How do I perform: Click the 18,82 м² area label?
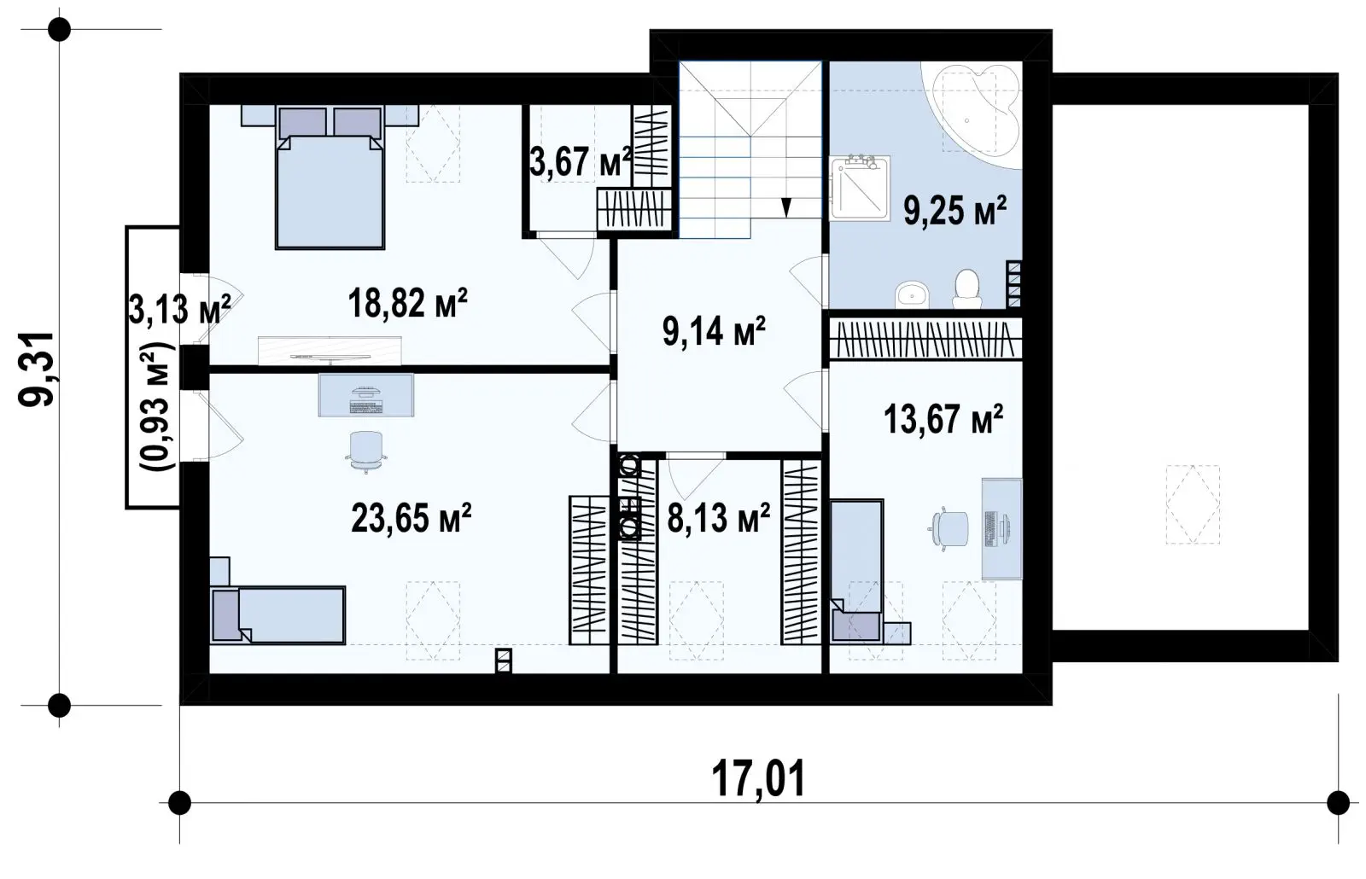pyautogui.click(x=407, y=303)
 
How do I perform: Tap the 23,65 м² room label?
pyautogui.click(x=411, y=518)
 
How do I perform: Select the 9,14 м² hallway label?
pyautogui.click(x=714, y=332)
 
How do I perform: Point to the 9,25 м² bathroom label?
pyautogui.click(x=954, y=211)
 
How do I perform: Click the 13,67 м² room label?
pyautogui.click(x=943, y=420)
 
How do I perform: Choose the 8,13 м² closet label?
pyautogui.click(x=718, y=518)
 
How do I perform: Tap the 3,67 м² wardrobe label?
pyautogui.click(x=580, y=162)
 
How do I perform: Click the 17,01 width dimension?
pyautogui.click(x=758, y=778)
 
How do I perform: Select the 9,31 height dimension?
pyautogui.click(x=37, y=370)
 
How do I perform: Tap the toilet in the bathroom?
pyautogui.click(x=966, y=289)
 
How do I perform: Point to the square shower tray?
pyautogui.click(x=860, y=189)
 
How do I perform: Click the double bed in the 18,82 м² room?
pyautogui.click(x=330, y=177)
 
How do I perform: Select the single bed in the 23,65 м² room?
pyautogui.click(x=278, y=615)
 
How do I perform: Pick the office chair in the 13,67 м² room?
pyautogui.click(x=949, y=528)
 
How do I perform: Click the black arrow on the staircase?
pyautogui.click(x=786, y=208)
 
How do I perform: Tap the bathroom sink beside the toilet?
pyautogui.click(x=912, y=294)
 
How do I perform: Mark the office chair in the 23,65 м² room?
pyautogui.click(x=366, y=451)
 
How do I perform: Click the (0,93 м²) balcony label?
pyautogui.click(x=158, y=407)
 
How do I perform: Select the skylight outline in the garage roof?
pyautogui.click(x=1193, y=504)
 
